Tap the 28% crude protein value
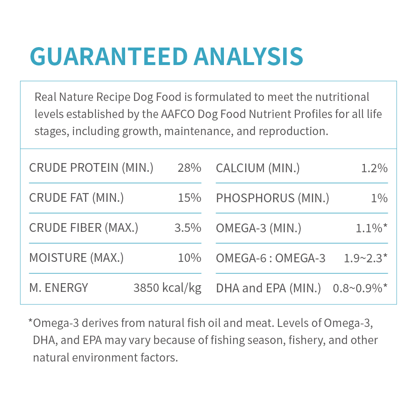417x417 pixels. click(x=189, y=168)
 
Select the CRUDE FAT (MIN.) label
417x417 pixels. click(x=76, y=198)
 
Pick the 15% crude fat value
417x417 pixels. click(x=189, y=198)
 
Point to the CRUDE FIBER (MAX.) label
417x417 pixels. click(x=83, y=228)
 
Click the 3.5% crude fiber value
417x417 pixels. click(x=188, y=228)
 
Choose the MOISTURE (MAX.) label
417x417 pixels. click(x=76, y=258)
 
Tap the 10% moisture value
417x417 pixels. click(x=189, y=258)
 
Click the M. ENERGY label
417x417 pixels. click(x=58, y=288)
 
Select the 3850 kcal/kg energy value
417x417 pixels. click(x=167, y=288)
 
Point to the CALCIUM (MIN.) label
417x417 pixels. click(x=258, y=168)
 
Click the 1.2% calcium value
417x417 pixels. click(x=374, y=168)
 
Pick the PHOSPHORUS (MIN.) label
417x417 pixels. click(x=272, y=198)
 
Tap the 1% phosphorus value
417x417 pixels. click(x=379, y=198)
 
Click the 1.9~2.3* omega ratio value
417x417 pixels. click(x=366, y=258)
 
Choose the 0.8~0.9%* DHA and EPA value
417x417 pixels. click(x=360, y=288)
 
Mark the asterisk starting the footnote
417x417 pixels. click(x=30, y=322)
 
